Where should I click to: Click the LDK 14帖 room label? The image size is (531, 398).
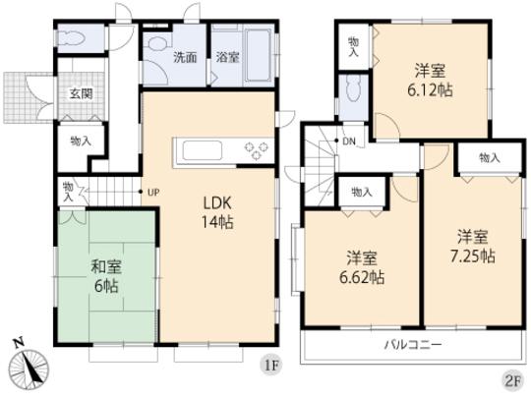tap(217, 212)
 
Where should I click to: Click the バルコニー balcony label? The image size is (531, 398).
tap(412, 345)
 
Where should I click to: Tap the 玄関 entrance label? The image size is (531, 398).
tap(81, 94)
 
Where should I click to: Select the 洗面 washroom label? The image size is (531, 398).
tap(185, 57)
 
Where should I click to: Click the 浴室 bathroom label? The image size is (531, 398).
tap(227, 57)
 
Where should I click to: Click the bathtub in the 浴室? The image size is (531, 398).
tap(257, 45)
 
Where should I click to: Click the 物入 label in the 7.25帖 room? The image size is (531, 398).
tap(490, 158)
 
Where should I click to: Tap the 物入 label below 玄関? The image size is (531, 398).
tap(80, 142)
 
